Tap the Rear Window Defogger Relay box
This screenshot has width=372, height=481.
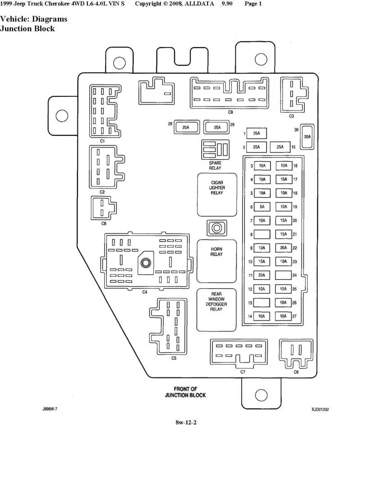217,310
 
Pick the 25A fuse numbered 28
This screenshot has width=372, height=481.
186,127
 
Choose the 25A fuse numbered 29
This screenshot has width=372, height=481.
217,127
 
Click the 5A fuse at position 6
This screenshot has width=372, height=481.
262,207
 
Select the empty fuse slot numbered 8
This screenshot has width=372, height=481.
262,234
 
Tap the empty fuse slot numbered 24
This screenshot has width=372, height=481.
283,274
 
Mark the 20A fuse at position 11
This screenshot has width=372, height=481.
262,275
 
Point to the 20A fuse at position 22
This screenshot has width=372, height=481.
283,247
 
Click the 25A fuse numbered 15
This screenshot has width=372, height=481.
280,147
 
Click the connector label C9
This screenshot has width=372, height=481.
230,112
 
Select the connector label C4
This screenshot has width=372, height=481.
145,292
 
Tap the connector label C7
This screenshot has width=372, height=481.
243,372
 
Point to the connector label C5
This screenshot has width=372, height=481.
174,358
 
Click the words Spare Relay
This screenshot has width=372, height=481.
215,165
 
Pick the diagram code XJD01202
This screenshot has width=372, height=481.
320,409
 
